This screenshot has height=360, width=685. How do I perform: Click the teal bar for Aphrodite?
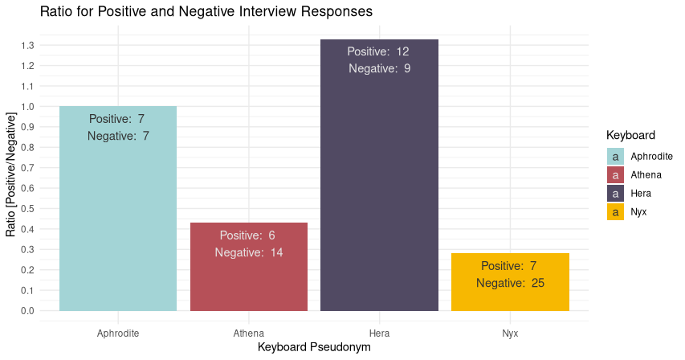pos(118,217)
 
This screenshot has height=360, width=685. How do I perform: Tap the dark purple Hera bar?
pos(379,185)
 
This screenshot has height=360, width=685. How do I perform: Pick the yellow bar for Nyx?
pos(510,297)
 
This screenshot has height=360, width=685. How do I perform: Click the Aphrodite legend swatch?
pos(615,157)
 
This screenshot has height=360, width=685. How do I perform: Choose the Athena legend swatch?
pos(615,175)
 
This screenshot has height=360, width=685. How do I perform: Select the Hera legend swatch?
pos(615,194)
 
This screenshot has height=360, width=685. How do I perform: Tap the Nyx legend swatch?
pos(615,212)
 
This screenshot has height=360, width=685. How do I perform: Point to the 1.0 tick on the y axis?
pos(28,107)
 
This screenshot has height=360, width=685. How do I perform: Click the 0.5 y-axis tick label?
pos(28,209)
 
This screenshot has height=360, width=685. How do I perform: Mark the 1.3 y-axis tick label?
pos(28,46)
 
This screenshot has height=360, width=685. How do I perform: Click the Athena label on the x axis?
pos(249,333)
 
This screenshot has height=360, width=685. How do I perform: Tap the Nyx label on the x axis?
pos(510,333)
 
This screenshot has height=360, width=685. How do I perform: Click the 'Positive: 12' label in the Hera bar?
pos(378,52)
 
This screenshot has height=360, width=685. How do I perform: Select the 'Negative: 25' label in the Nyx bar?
pos(510,283)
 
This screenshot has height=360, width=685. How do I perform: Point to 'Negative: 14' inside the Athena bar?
pos(249,252)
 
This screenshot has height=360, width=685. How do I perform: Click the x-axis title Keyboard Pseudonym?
pos(314,347)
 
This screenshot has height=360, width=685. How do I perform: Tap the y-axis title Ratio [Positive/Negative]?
pos(11,175)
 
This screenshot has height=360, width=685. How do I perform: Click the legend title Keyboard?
pos(631,135)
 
